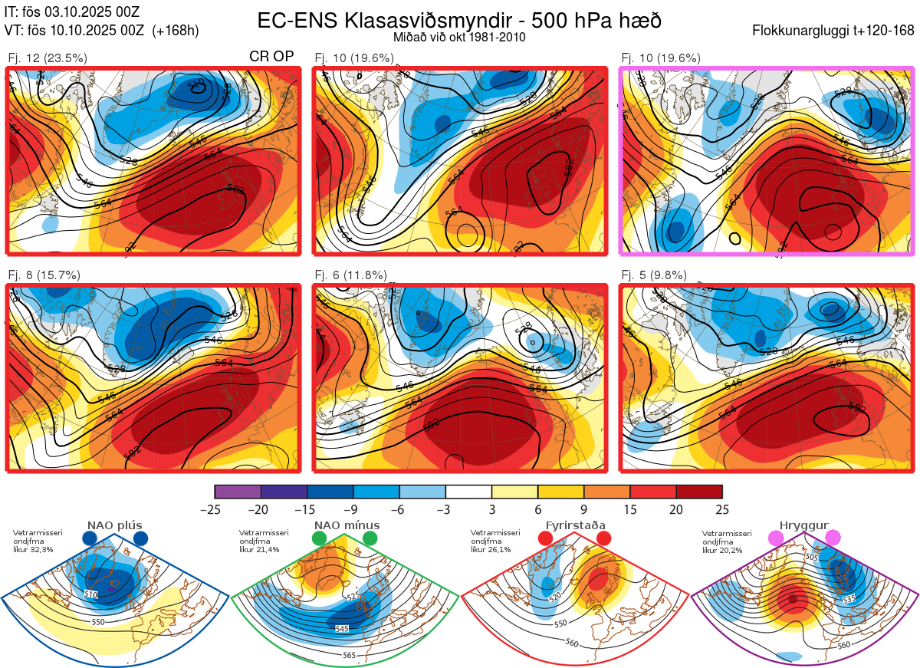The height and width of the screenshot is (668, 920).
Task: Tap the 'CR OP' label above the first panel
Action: point(273,57)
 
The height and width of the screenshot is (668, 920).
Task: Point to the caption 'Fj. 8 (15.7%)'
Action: point(44,275)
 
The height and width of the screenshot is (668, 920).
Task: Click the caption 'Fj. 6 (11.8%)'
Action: point(350,275)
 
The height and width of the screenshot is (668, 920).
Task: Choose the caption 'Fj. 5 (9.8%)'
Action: point(653,275)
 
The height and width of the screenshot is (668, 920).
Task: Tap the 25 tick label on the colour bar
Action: point(721,509)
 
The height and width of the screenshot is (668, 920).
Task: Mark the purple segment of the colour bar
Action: point(238,492)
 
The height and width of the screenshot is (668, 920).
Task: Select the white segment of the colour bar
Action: point(468,492)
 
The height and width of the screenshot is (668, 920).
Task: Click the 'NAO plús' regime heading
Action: point(114,525)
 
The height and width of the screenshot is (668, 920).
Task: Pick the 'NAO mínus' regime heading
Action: point(347,525)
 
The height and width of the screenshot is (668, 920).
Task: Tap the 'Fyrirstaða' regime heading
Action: point(576,525)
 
